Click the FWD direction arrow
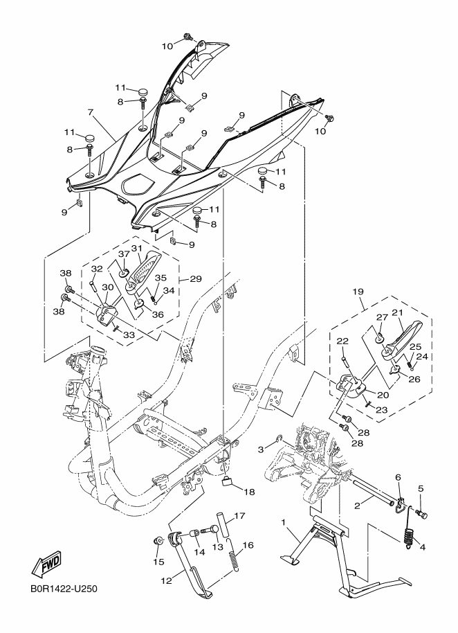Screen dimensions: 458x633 click(x=47, y=564)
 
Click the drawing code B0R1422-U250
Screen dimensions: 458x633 click(x=64, y=589)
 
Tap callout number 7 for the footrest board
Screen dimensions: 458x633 click(x=91, y=112)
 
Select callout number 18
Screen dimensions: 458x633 click(x=249, y=492)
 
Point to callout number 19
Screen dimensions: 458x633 click(x=358, y=292)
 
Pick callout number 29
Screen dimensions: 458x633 click(x=196, y=279)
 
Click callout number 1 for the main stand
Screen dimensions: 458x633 click(x=283, y=523)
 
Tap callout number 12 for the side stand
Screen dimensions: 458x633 click(x=167, y=581)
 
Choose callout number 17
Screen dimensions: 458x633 click(x=239, y=515)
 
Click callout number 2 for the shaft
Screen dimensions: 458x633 click(x=357, y=505)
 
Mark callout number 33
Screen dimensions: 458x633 click(x=129, y=335)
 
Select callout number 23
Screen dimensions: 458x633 click(x=381, y=410)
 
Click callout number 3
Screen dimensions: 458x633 click(x=262, y=449)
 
